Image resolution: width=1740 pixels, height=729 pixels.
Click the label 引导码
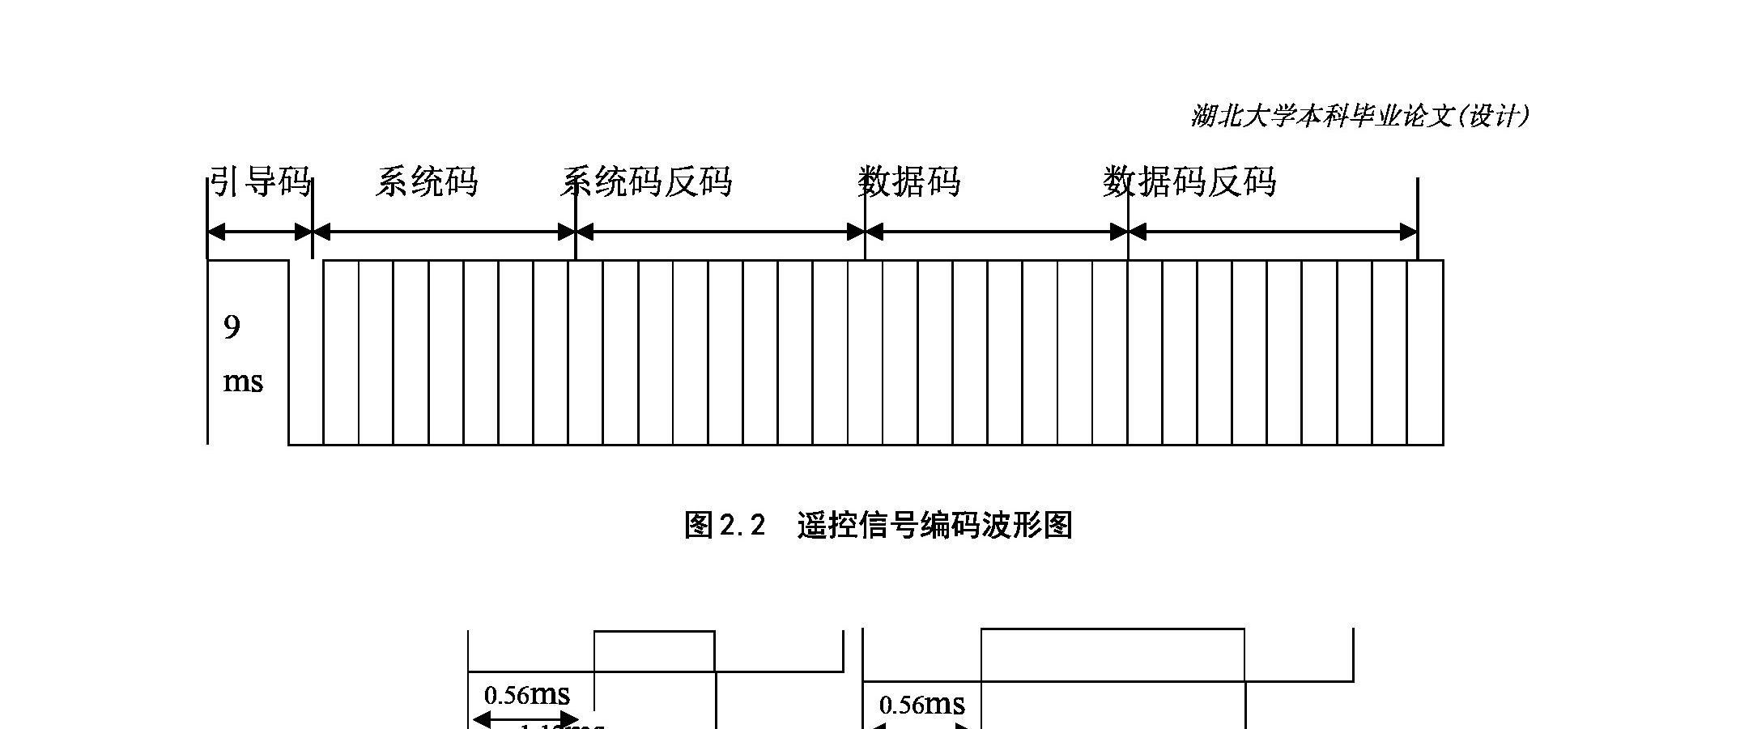point(260,182)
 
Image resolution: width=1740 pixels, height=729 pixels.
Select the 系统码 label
point(427,182)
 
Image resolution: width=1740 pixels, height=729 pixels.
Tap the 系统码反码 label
point(646,182)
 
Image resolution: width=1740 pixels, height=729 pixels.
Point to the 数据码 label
point(909,182)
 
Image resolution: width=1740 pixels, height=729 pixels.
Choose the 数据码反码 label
point(1189,182)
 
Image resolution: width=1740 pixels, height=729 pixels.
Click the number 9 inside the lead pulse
point(232,328)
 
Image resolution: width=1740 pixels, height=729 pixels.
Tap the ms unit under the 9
point(243,381)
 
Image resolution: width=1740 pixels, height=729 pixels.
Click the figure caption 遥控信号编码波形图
point(934,526)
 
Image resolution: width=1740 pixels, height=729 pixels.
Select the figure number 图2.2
point(725,526)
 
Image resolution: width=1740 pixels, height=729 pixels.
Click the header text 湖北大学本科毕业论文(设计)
point(1360,117)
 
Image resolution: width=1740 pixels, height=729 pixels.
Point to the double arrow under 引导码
point(260,232)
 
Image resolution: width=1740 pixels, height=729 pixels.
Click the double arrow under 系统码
point(444,232)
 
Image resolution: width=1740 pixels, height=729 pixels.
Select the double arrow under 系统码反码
point(720,232)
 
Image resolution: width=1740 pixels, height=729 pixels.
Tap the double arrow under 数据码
point(996,232)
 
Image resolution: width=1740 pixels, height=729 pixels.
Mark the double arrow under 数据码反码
point(1272,232)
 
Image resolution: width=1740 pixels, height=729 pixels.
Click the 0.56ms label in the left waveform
point(527,695)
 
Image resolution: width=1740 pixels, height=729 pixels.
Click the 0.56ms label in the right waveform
point(922,705)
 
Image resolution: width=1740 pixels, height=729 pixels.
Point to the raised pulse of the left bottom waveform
point(654,651)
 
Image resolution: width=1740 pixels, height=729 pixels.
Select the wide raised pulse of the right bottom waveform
point(1112,654)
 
